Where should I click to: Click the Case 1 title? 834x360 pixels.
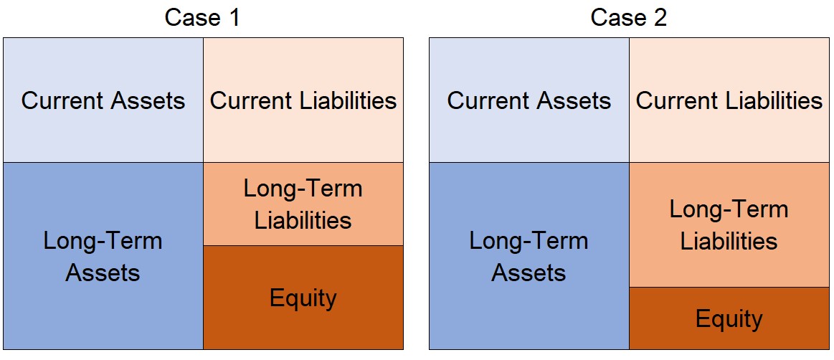203,17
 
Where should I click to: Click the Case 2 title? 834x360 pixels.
629,17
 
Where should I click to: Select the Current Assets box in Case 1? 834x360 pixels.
103,100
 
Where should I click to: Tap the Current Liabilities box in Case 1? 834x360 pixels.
303,100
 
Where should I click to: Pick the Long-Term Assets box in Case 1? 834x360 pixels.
103,256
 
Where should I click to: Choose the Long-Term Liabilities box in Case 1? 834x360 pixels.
303,204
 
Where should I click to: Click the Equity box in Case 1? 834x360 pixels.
303,298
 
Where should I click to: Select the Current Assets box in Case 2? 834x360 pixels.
529,100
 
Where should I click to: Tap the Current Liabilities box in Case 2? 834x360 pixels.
729,100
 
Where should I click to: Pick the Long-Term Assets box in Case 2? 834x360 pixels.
529,256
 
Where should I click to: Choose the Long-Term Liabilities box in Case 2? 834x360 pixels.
729,225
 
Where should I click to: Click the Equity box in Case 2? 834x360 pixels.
729,318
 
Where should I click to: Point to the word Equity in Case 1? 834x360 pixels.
303,298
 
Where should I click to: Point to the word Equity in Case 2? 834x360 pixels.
729,320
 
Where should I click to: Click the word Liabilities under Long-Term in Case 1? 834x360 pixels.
303,220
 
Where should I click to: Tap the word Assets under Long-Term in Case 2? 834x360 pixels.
529,273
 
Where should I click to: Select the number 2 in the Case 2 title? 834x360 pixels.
660,17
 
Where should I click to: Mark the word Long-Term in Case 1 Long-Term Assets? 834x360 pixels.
103,241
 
